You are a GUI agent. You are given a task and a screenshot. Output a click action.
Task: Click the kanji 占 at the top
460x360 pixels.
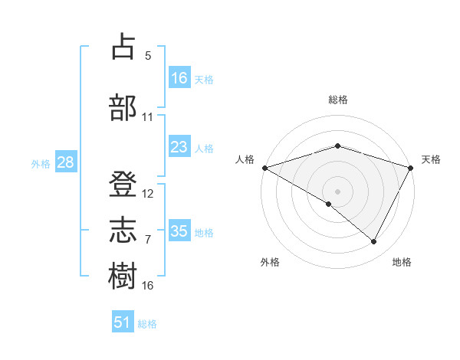coord(123,47)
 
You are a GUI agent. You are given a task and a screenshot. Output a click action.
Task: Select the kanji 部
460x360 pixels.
coord(123,107)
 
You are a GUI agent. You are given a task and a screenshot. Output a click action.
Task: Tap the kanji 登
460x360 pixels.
coord(123,184)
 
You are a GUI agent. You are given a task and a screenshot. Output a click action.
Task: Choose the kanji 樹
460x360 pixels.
coord(123,276)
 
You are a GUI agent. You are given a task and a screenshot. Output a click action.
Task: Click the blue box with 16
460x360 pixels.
coord(179,78)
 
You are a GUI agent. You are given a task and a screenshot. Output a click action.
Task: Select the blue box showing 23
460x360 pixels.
coord(179,147)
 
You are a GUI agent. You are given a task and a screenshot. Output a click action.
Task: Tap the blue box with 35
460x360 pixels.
coord(179,231)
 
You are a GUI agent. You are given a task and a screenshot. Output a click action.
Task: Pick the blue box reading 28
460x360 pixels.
coord(65,163)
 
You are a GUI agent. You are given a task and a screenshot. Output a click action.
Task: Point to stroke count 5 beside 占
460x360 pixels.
coord(148,56)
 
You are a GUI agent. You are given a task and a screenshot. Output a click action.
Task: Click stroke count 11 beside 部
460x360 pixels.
coord(148,117)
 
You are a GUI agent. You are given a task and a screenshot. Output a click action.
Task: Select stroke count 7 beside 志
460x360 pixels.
coord(148,240)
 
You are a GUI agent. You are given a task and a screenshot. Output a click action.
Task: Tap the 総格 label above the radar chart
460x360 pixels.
coord(338,100)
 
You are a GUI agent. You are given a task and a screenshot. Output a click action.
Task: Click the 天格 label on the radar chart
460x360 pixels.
coord(432,159)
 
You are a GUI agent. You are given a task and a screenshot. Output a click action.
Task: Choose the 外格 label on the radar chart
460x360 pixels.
coord(270,262)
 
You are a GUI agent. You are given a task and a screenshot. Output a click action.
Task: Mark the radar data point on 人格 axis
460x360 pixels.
coord(264,167)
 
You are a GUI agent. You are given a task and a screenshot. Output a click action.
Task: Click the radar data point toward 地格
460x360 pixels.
coord(374,242)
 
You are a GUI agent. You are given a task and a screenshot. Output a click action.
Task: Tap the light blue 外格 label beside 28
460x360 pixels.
coord(41,164)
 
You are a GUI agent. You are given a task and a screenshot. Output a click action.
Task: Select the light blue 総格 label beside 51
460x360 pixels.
coord(147,324)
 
